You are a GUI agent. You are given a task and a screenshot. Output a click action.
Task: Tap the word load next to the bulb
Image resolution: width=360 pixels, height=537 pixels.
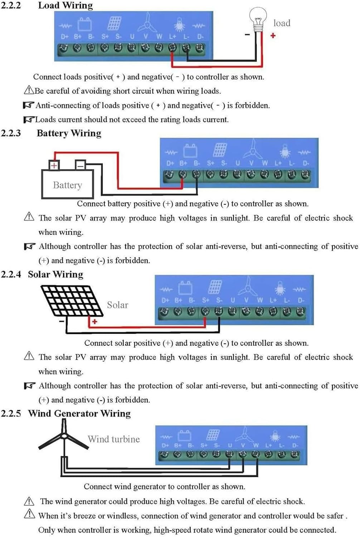pyautogui.click(x=282, y=23)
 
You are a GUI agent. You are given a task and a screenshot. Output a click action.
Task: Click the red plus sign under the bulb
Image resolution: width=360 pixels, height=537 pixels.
pyautogui.click(x=273, y=35)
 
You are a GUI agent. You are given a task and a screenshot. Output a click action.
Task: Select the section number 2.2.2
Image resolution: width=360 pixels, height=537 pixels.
pyautogui.click(x=11, y=5)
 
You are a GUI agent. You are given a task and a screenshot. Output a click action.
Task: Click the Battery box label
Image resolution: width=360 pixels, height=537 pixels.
pyautogui.click(x=67, y=185)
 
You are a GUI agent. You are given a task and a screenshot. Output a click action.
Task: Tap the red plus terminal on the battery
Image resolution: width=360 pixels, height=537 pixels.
pyautogui.click(x=54, y=165)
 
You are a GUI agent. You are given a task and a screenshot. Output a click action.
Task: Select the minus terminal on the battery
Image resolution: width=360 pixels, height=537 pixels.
pyautogui.click(x=81, y=165)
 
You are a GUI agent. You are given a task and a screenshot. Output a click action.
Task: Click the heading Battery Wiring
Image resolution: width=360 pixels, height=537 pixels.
pyautogui.click(x=69, y=133)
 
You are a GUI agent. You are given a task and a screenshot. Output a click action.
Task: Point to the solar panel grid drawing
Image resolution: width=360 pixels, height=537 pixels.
pyautogui.click(x=72, y=300)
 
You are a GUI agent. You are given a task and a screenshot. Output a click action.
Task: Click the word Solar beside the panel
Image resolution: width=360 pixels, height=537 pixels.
pyautogui.click(x=117, y=305)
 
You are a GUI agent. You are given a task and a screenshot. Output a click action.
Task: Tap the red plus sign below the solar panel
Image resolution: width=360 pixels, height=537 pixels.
pyautogui.click(x=94, y=321)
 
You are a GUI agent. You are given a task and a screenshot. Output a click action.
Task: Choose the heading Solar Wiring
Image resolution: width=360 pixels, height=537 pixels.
pyautogui.click(x=55, y=274)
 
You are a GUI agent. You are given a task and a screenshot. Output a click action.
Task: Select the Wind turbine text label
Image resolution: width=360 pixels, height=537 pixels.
pyautogui.click(x=114, y=439)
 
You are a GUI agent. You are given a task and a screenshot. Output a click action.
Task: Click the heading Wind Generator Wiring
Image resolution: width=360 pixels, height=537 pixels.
pyautogui.click(x=79, y=413)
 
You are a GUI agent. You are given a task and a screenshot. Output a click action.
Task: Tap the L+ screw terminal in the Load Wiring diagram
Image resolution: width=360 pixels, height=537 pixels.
pyautogui.click(x=172, y=48)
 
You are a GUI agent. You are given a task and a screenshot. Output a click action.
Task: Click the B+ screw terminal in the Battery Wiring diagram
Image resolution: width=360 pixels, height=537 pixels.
pyautogui.click(x=183, y=175)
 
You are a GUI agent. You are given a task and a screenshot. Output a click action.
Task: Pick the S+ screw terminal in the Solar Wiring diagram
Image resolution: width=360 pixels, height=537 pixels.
pyautogui.click(x=205, y=311)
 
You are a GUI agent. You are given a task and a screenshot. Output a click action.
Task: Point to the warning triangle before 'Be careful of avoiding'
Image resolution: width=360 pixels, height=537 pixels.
pyautogui.click(x=29, y=90)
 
